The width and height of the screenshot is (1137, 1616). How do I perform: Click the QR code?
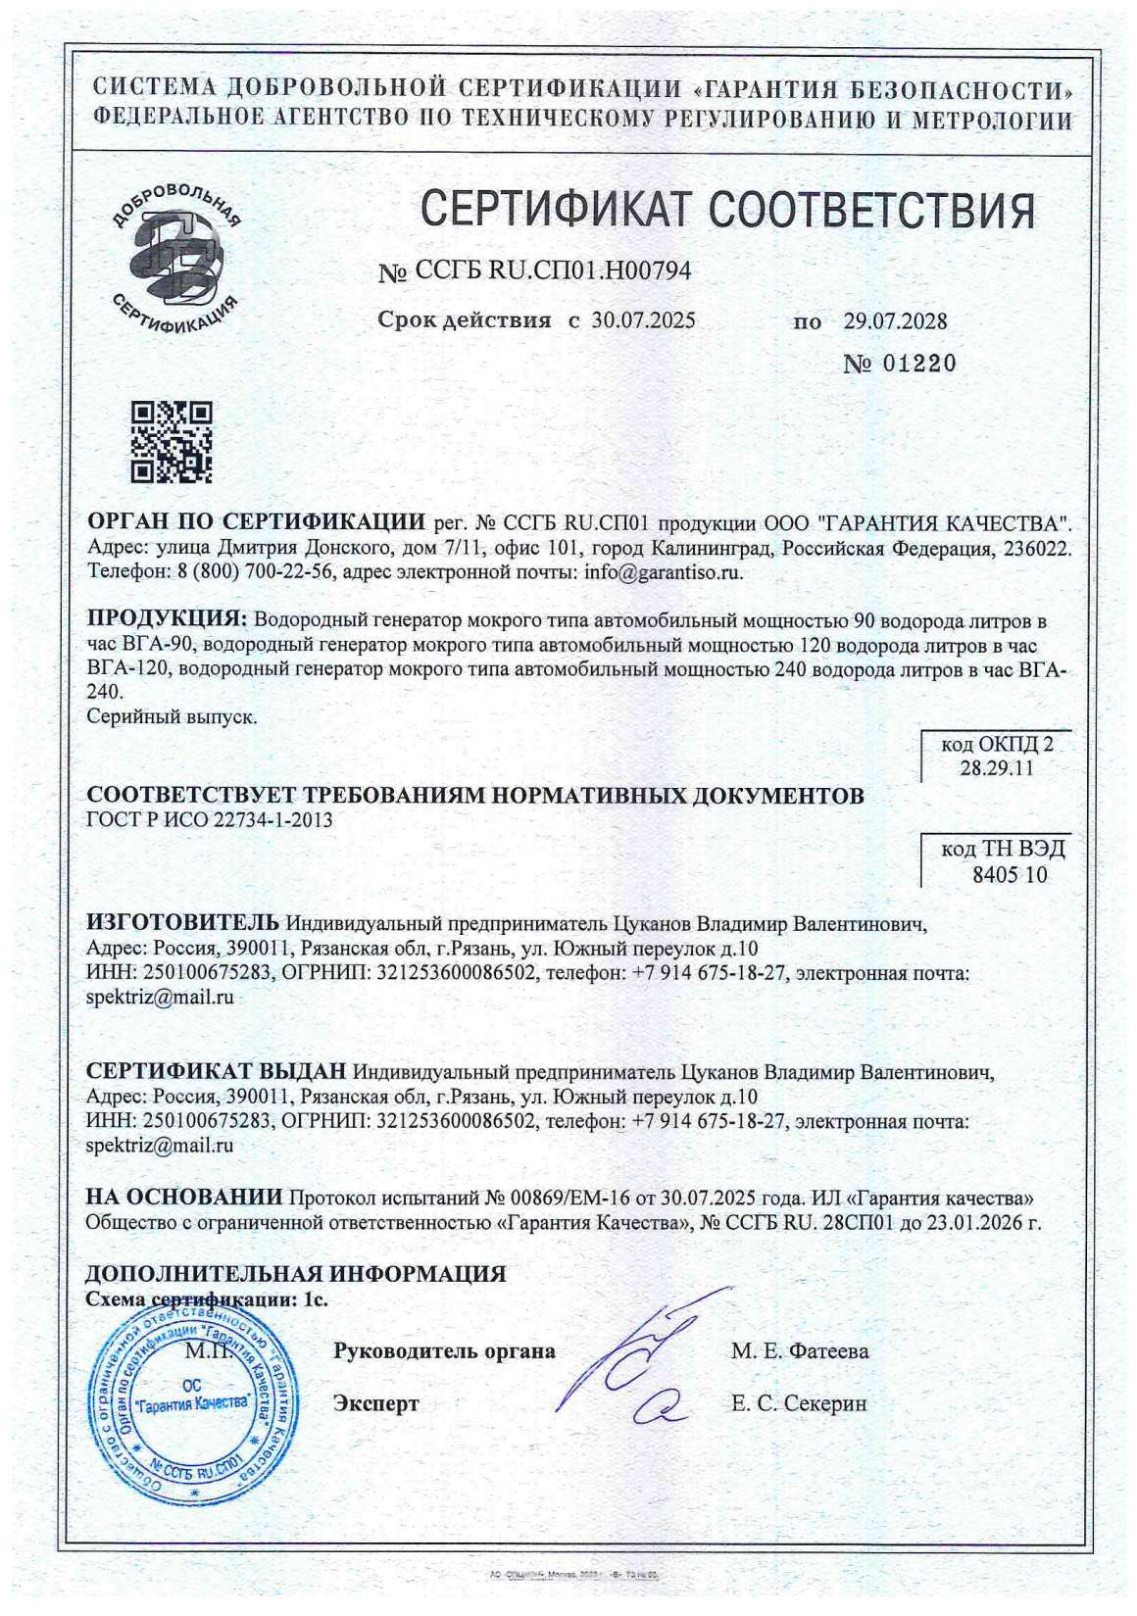[x=172, y=442]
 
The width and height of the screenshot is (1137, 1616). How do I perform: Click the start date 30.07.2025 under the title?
[x=644, y=320]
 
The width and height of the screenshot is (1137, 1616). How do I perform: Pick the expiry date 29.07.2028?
[x=895, y=321]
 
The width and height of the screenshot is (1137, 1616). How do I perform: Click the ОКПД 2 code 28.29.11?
[x=997, y=768]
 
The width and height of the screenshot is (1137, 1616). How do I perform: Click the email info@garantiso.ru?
[x=663, y=573]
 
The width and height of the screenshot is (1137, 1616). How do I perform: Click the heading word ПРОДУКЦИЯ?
[x=167, y=619]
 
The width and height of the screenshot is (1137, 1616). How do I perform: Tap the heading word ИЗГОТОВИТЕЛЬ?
[x=184, y=923]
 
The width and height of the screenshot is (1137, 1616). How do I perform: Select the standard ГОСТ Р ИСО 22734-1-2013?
[x=210, y=820]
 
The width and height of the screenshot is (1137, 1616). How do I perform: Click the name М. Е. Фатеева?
[x=800, y=1351]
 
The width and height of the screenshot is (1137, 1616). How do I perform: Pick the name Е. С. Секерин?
[x=799, y=1404]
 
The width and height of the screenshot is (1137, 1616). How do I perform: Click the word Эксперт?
[x=376, y=1404]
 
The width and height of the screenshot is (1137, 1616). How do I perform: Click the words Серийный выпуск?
[x=172, y=716]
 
